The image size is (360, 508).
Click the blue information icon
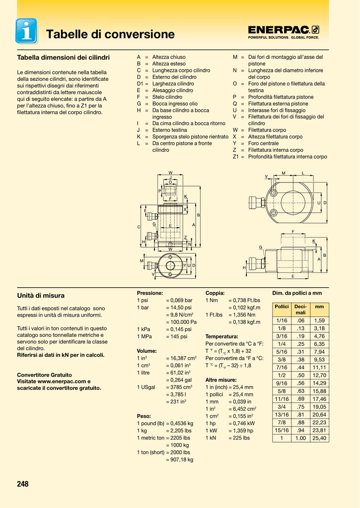pyautogui.click(x=26, y=31)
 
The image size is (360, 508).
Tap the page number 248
pyautogui.click(x=23, y=484)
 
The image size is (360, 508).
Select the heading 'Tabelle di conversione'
pyautogui.click(x=110, y=34)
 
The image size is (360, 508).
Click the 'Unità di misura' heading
pyautogui.click(x=41, y=296)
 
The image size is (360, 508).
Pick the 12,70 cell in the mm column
pyautogui.click(x=319, y=375)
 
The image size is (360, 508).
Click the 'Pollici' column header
pyautogui.click(x=282, y=307)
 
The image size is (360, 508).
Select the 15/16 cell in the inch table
pyautogui.click(x=282, y=430)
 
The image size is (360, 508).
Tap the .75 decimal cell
pyautogui.click(x=300, y=407)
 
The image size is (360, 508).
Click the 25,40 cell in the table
pyautogui.click(x=319, y=438)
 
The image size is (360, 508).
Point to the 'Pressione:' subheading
pyautogui.click(x=150, y=293)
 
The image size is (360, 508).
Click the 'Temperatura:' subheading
pyautogui.click(x=221, y=337)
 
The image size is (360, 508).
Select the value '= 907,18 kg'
pyautogui.click(x=180, y=459)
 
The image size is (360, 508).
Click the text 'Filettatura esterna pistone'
pyautogui.click(x=278, y=104)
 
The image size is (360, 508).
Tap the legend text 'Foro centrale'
pyautogui.click(x=263, y=143)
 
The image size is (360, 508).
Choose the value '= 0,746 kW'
pyautogui.click(x=242, y=423)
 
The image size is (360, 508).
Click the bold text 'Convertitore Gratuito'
pyautogui.click(x=44, y=375)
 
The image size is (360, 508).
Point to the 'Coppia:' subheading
pyautogui.click(x=215, y=293)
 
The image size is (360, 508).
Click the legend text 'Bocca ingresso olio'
pyautogui.click(x=175, y=104)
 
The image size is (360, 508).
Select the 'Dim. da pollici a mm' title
pyautogui.click(x=297, y=293)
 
